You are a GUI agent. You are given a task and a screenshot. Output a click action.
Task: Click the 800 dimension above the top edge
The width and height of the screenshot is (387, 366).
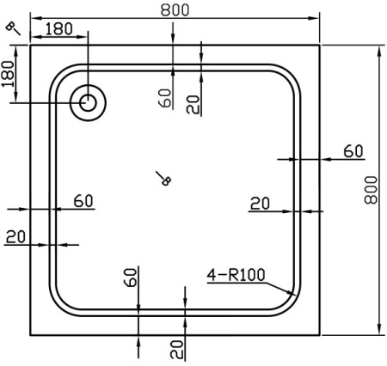(175, 9)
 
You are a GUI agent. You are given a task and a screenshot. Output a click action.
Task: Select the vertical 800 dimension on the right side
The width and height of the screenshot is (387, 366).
(371, 190)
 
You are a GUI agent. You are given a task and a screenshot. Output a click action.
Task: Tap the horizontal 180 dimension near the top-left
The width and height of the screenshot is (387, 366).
(58, 29)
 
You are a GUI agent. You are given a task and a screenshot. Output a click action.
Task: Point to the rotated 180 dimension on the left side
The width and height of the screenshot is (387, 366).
(8, 74)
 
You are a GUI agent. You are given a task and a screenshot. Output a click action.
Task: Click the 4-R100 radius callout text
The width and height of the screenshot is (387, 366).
(236, 275)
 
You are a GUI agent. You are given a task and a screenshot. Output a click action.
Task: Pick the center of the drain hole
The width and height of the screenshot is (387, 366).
(88, 103)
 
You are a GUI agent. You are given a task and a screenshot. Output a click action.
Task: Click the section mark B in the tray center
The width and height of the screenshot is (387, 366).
(166, 180)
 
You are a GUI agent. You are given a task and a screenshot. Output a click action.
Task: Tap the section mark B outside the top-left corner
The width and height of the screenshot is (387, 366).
(10, 26)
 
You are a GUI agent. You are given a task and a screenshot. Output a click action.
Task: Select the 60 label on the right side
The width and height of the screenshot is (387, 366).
(353, 151)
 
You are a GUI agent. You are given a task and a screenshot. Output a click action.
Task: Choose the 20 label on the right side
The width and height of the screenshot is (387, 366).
(260, 204)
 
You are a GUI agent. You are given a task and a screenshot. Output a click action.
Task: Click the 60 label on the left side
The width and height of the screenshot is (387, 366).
(83, 201)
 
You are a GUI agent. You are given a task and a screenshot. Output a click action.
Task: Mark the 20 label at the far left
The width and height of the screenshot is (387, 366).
(15, 237)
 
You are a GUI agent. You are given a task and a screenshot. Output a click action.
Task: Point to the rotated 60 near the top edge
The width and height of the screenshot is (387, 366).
(165, 98)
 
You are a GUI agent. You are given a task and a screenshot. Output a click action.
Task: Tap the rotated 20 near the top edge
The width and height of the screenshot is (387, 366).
(193, 104)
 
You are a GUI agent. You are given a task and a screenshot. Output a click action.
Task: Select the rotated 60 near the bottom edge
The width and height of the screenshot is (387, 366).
(130, 278)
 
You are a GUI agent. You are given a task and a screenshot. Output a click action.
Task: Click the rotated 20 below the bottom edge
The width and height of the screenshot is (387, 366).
(176, 350)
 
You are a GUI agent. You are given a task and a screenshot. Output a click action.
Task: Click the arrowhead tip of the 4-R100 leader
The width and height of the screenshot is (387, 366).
(295, 295)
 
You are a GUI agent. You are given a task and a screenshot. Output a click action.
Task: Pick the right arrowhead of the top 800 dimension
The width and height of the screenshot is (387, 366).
(319, 18)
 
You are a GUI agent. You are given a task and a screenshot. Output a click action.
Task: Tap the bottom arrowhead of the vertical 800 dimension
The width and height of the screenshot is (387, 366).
(379, 334)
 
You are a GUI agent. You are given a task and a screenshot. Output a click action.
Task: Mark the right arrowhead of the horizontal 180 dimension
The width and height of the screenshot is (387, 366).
(88, 37)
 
